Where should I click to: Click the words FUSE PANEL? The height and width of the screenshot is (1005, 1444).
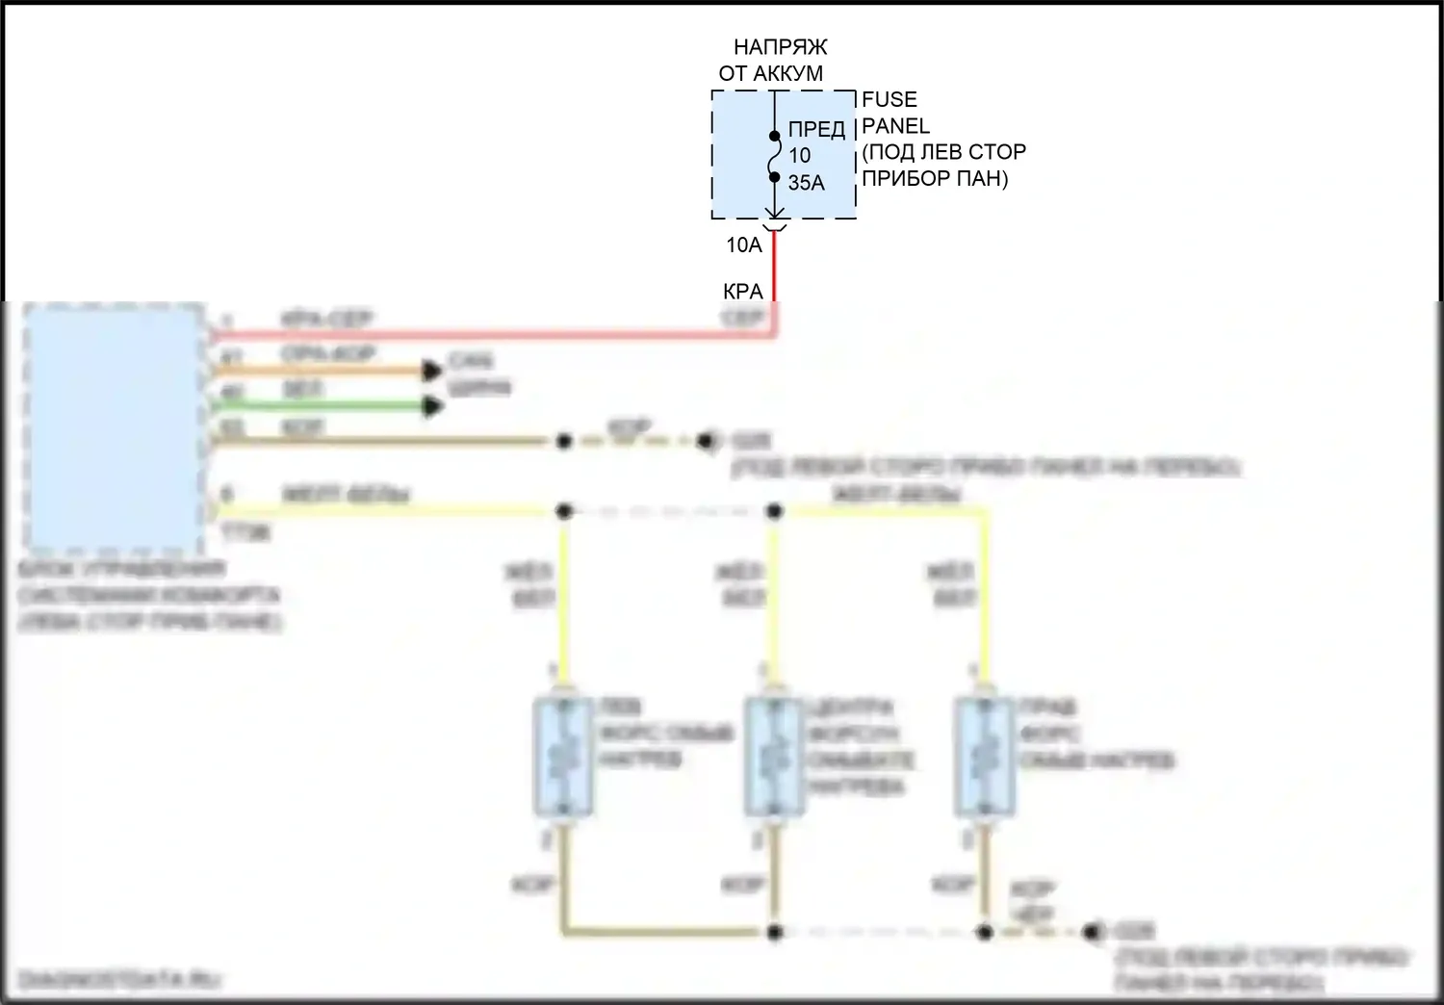pyautogui.click(x=894, y=113)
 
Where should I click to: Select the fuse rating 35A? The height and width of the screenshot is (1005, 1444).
pyautogui.click(x=806, y=183)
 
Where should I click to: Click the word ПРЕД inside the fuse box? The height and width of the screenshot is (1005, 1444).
pyautogui.click(x=816, y=129)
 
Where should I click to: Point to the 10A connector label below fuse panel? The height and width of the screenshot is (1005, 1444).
pyautogui.click(x=743, y=245)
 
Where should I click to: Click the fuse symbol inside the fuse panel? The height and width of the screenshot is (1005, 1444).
pyautogui.click(x=774, y=157)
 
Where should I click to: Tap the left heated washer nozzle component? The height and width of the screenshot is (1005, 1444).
pyautogui.click(x=563, y=756)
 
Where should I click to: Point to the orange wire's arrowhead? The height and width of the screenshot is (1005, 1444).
pyautogui.click(x=433, y=371)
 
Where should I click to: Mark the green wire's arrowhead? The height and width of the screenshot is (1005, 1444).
pyautogui.click(x=433, y=406)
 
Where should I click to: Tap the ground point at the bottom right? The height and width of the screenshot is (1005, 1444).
pyautogui.click(x=1091, y=932)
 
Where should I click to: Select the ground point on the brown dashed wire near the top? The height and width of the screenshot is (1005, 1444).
pyautogui.click(x=708, y=441)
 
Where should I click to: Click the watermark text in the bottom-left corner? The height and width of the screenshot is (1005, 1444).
pyautogui.click(x=120, y=980)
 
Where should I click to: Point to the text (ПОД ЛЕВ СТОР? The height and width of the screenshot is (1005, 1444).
pyautogui.click(x=943, y=152)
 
